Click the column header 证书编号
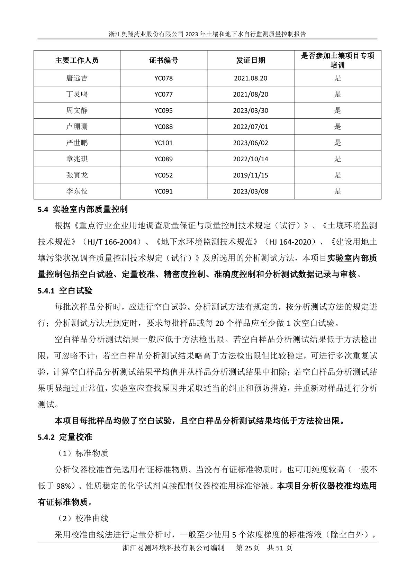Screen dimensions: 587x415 [164, 60]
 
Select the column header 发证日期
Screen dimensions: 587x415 [251, 60]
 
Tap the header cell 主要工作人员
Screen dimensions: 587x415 [77, 60]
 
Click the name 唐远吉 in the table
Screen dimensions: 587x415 [77, 78]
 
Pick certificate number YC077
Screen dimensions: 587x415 [164, 94]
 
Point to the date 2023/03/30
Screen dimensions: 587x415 [251, 111]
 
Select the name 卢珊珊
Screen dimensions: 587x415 [77, 127]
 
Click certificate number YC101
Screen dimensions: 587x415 [164, 143]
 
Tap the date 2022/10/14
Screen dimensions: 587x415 [251, 159]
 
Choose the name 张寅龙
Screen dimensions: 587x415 [77, 175]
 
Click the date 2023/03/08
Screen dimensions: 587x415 [251, 191]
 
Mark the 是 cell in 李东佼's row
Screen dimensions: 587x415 [337, 191]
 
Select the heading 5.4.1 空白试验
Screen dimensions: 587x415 [65, 291]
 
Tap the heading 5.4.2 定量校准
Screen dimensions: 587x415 [65, 437]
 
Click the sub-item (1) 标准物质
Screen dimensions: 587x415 [83, 453]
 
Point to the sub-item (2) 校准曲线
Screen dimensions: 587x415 [83, 518]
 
